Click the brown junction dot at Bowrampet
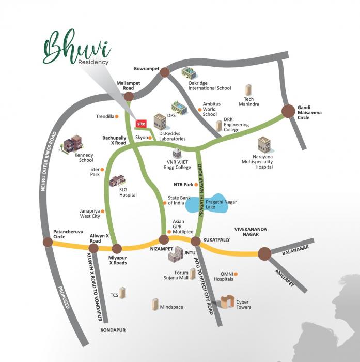[164, 72]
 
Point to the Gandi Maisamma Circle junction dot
[288, 110]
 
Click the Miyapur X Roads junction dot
[116, 248]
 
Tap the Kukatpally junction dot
[196, 241]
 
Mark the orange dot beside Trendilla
[116, 116]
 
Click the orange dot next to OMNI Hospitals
[237, 273]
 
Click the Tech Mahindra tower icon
[248, 90]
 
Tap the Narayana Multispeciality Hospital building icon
[264, 144]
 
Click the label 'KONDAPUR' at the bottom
[113, 329]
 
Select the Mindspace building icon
[155, 305]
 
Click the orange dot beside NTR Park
[196, 185]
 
